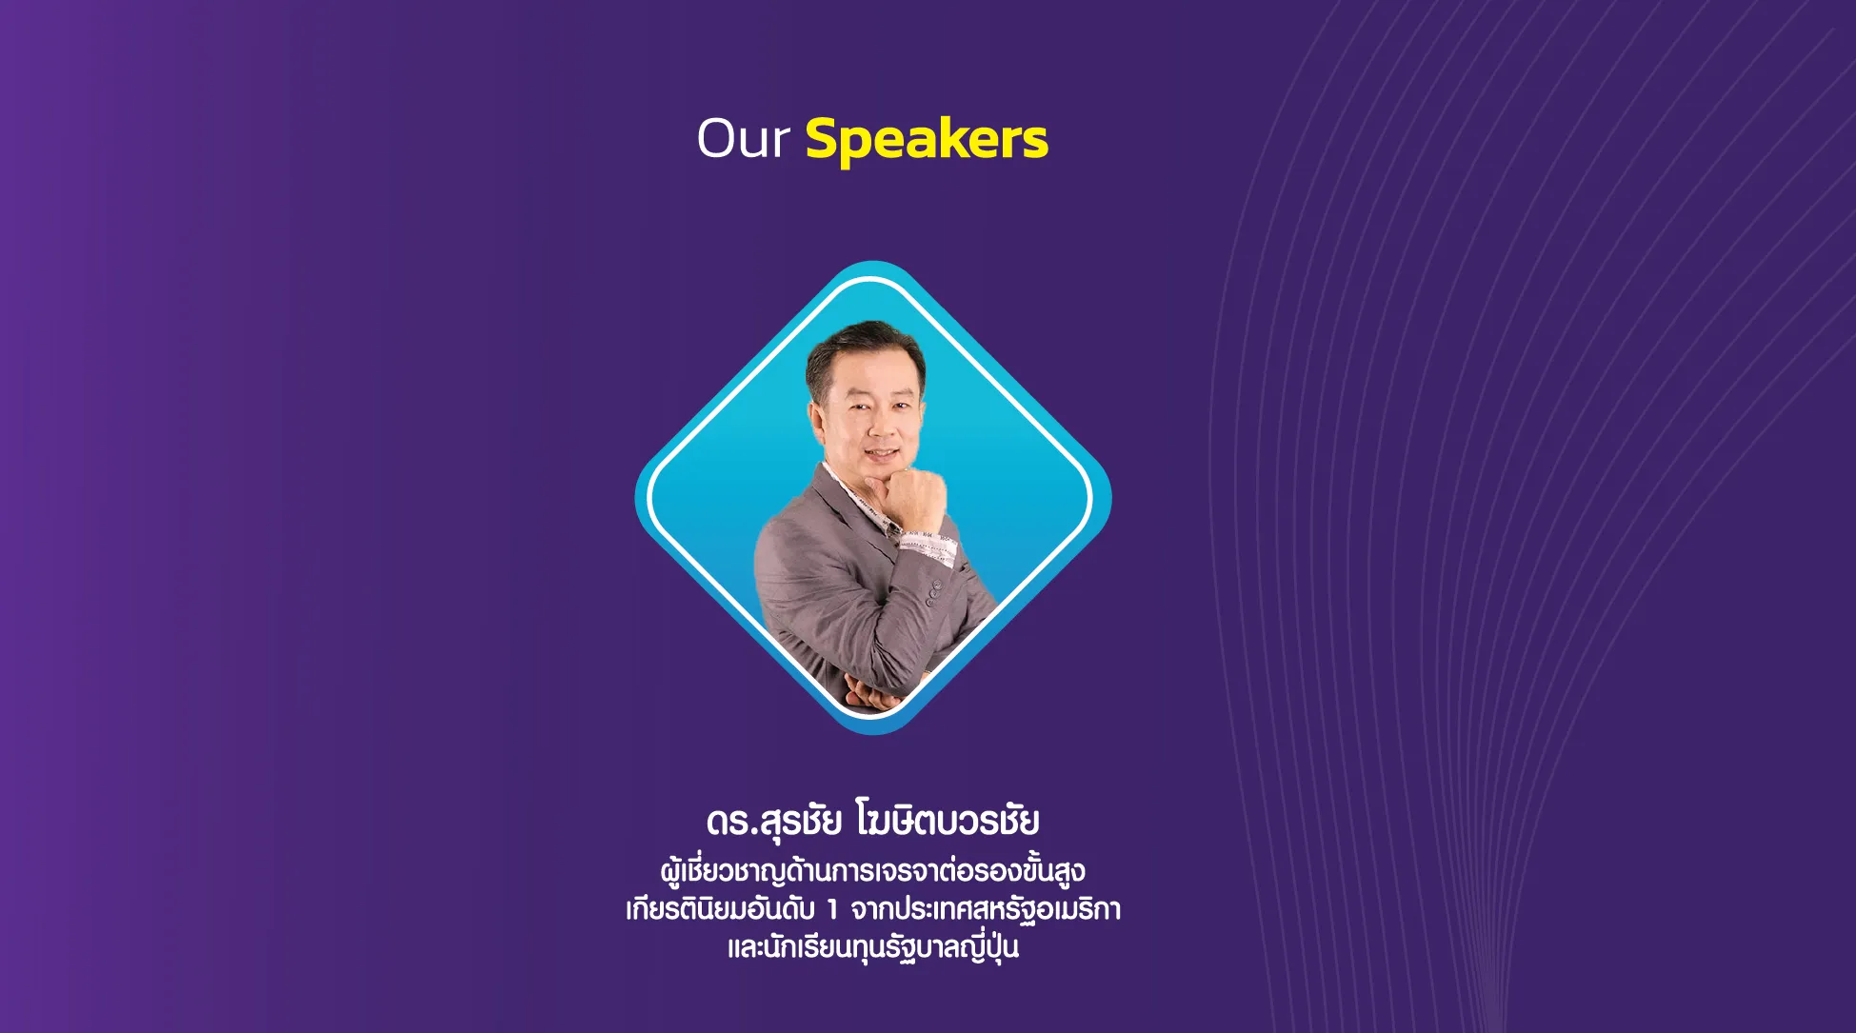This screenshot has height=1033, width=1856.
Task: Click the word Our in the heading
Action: click(x=743, y=139)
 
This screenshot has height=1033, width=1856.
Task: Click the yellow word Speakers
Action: click(x=927, y=141)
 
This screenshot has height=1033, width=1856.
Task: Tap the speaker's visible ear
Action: click(x=816, y=420)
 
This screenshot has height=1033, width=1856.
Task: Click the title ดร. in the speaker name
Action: click(x=731, y=822)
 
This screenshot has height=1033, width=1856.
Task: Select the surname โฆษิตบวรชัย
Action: click(x=948, y=820)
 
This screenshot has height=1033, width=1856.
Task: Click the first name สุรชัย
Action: click(x=800, y=822)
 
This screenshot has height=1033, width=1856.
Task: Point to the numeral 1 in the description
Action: click(x=832, y=910)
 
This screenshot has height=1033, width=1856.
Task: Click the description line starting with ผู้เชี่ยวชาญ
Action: click(x=872, y=870)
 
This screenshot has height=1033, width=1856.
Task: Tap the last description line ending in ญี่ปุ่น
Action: click(x=872, y=947)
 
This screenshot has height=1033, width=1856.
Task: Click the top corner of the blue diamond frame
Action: click(x=872, y=262)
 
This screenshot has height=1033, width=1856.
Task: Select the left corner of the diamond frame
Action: click(x=636, y=497)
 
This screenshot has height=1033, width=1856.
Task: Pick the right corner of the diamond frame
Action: click(x=1110, y=497)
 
